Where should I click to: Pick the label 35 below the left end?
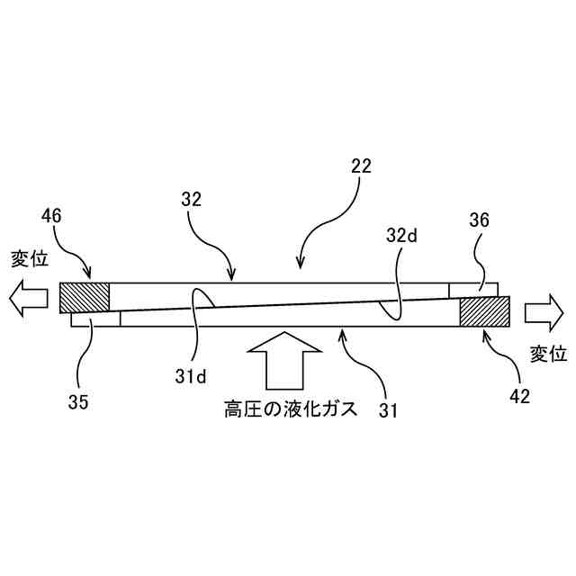[x=78, y=402]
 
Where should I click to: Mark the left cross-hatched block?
[x=84, y=296]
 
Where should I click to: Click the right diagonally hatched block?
[x=484, y=311]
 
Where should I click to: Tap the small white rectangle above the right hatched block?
[x=472, y=289]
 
